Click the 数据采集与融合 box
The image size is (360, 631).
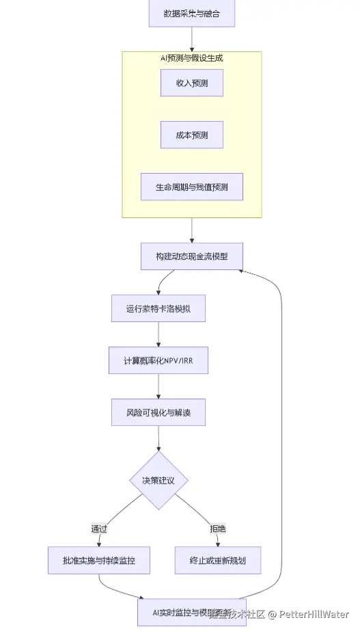[191, 14]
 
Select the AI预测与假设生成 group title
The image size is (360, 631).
[191, 58]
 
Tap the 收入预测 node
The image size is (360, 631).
[191, 83]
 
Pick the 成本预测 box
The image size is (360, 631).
[191, 135]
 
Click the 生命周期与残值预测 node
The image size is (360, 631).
[191, 187]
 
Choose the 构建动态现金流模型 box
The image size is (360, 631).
[191, 256]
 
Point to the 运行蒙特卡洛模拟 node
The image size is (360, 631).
[158, 308]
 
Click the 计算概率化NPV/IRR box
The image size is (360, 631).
[158, 360]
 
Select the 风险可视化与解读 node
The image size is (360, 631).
[158, 412]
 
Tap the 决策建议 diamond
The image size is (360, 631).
[158, 480]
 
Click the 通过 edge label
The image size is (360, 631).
[99, 528]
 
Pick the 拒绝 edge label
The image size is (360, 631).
[217, 528]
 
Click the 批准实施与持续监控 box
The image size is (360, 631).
[99, 561]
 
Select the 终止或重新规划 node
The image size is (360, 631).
[217, 561]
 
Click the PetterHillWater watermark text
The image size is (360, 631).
[312, 615]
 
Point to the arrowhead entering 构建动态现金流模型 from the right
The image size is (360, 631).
[242, 270]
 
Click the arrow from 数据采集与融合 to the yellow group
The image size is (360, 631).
[191, 40]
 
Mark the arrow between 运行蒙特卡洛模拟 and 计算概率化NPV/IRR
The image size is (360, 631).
[158, 334]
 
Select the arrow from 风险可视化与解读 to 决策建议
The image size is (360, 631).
[158, 439]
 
